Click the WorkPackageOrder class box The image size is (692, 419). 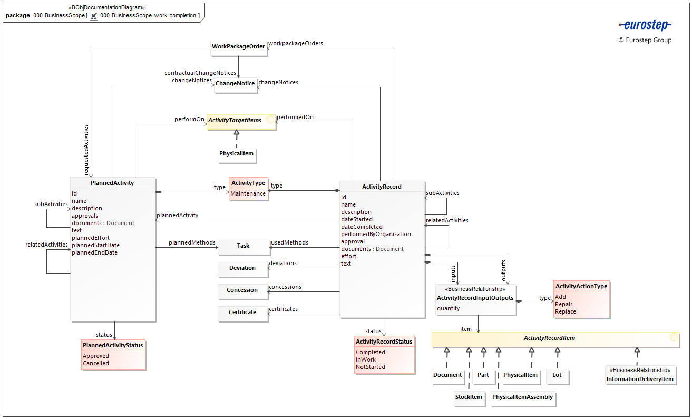pyautogui.click(x=238, y=47)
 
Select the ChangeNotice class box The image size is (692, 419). pyautogui.click(x=235, y=84)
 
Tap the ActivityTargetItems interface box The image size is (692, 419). pyautogui.click(x=241, y=121)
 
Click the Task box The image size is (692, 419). pyautogui.click(x=243, y=246)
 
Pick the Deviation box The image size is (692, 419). pyautogui.click(x=242, y=268)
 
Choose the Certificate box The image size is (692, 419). pyautogui.click(x=242, y=313)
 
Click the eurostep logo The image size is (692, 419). pyautogui.click(x=645, y=25)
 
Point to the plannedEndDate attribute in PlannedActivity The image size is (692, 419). pyautogui.click(x=95, y=253)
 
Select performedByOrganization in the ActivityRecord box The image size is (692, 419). pyautogui.click(x=376, y=234)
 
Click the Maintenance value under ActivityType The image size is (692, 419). pyautogui.click(x=248, y=194)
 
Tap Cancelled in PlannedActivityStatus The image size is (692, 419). pyautogui.click(x=96, y=364)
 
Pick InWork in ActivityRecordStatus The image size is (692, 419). pyautogui.click(x=366, y=360)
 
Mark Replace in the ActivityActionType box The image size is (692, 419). pyautogui.click(x=566, y=312)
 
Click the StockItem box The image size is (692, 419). pyautogui.click(x=469, y=397)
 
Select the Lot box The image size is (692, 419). pyautogui.click(x=557, y=375)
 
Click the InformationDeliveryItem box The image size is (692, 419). pyautogui.click(x=640, y=379)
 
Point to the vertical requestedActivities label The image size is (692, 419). pyautogui.click(x=86, y=150)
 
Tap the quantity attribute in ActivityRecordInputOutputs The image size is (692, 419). pyautogui.click(x=449, y=309)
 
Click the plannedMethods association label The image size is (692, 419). pyautogui.click(x=192, y=243)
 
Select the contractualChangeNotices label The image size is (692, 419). pyautogui.click(x=200, y=73)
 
